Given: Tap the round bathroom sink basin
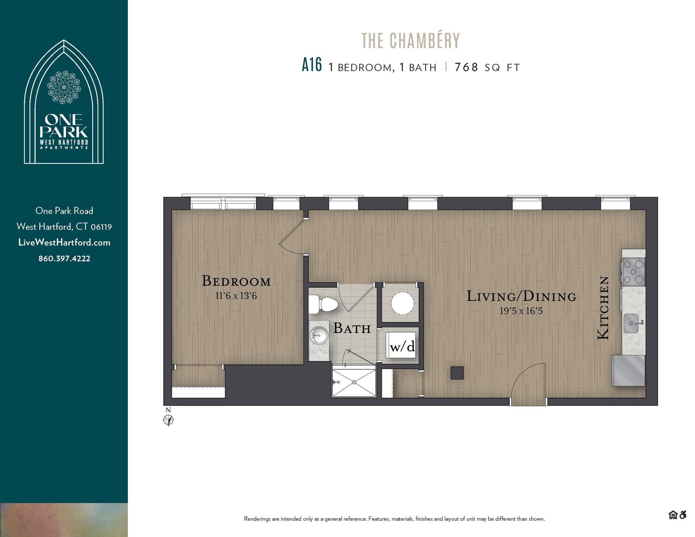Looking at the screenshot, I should (x=319, y=336).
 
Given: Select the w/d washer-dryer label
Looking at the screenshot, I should (x=402, y=347).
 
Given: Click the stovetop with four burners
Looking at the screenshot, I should (x=633, y=271).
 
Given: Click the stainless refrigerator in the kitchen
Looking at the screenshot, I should (x=628, y=371).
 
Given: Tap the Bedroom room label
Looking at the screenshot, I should (x=236, y=281).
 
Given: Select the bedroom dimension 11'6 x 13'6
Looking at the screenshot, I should (x=236, y=296).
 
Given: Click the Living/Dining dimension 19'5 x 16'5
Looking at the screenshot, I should (x=521, y=311).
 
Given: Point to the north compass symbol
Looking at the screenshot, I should (x=168, y=420).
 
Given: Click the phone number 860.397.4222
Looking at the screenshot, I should (x=64, y=258).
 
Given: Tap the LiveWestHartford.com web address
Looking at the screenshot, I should (x=64, y=242).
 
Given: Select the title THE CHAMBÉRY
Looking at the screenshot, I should (x=410, y=41).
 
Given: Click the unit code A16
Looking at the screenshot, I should (x=312, y=65).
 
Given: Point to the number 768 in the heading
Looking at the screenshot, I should (x=466, y=67).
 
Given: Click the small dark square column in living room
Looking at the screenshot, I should (x=457, y=373).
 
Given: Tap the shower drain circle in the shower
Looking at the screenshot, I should (x=354, y=382).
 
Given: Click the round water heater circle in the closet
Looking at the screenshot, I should (x=402, y=303).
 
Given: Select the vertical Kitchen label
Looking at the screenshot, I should (x=603, y=308).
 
